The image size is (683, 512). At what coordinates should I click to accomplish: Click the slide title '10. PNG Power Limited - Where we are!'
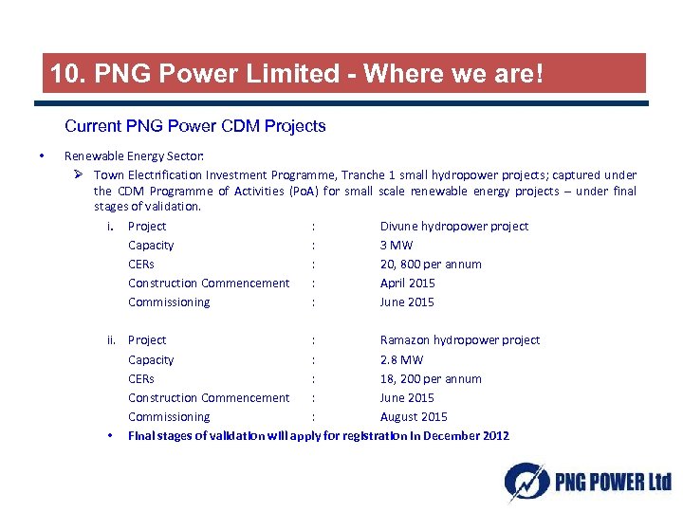point(296,73)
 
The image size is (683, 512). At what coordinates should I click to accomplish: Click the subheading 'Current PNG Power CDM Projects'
point(194,126)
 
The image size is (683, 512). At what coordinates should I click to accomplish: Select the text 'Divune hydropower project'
point(453,226)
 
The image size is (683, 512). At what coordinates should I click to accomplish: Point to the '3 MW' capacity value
point(397,246)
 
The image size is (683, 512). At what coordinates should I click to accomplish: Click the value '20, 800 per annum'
point(430,265)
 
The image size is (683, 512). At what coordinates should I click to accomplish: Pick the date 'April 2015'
point(407,283)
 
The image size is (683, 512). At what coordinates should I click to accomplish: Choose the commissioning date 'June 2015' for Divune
point(407,302)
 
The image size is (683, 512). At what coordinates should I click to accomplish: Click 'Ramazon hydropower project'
point(459,339)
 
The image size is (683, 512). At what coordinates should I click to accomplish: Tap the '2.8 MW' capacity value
point(401,360)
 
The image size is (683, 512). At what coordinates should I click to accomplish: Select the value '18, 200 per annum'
point(430,379)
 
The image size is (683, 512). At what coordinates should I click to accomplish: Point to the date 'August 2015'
point(414,417)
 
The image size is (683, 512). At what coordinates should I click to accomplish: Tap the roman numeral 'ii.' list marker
point(113,340)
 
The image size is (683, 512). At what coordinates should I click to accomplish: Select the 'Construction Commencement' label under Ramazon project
point(209,398)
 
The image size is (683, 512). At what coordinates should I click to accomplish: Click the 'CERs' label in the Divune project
point(141,265)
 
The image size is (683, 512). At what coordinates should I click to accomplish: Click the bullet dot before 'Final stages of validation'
point(112,436)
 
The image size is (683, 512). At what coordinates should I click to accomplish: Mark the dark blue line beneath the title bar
point(344,103)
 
